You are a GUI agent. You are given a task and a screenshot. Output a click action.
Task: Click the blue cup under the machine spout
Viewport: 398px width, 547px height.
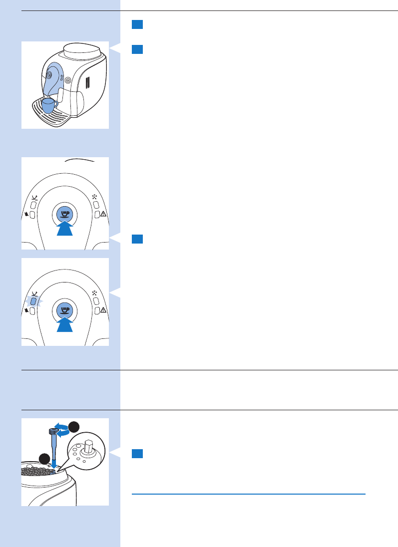click(x=48, y=105)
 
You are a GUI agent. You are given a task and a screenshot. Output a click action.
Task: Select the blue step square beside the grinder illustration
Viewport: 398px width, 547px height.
click(x=138, y=454)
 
